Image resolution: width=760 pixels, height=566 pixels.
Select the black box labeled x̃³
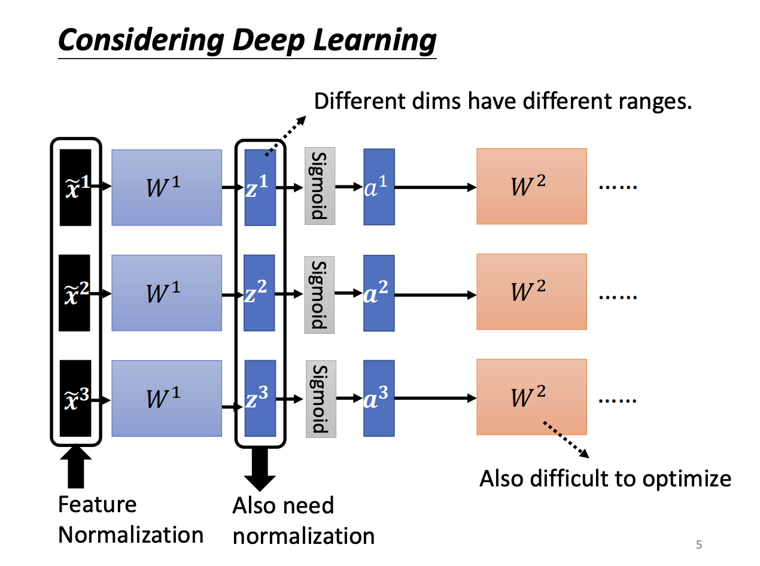[75, 398]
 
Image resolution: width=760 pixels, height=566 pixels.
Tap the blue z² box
[260, 293]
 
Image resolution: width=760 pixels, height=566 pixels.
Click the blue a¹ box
[379, 187]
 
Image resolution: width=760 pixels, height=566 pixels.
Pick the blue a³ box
[379, 398]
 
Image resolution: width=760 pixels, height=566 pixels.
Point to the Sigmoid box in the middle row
[320, 294]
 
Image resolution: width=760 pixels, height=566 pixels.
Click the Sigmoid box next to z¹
[320, 186]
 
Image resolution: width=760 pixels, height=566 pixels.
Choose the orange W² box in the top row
[531, 186]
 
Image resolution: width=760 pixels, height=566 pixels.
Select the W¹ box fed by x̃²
[166, 293]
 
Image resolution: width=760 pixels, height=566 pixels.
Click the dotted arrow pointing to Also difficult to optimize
[566, 440]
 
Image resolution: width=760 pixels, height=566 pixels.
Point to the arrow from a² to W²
[435, 294]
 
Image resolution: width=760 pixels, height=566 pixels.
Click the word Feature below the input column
[97, 504]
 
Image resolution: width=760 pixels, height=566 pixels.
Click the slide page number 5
[698, 544]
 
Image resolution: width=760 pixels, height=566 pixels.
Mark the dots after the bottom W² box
[618, 398]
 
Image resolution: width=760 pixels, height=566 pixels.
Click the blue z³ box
[260, 398]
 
